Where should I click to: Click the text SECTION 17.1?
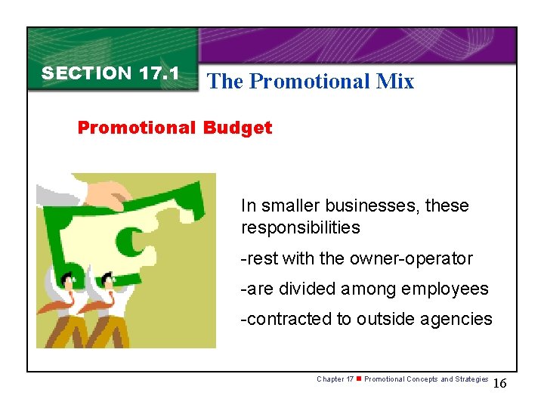click(110, 73)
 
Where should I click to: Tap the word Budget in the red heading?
click(237, 128)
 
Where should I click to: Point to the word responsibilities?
click(301, 227)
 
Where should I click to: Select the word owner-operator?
click(411, 258)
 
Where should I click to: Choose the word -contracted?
click(286, 319)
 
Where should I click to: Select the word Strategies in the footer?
click(471, 379)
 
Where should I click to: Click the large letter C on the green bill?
click(131, 241)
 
